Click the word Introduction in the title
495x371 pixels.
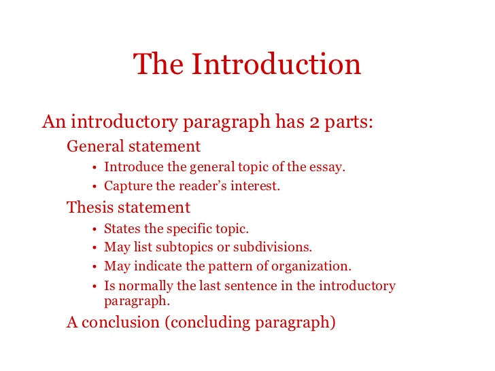click(276, 64)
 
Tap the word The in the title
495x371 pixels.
click(158, 64)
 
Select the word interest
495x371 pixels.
click(255, 185)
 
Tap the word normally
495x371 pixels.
click(146, 286)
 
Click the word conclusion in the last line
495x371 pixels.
click(120, 322)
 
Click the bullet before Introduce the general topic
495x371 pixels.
click(95, 168)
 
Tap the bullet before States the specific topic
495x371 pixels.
click(95, 230)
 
